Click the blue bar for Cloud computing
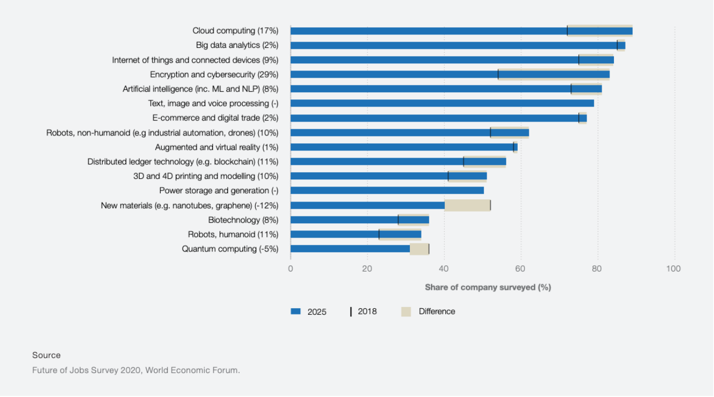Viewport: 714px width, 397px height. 428,31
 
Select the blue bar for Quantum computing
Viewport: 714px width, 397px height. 350,249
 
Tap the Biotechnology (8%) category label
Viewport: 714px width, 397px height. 243,220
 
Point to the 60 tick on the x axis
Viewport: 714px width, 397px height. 520,269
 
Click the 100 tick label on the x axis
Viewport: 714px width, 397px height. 673,269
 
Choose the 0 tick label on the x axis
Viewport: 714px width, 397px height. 290,269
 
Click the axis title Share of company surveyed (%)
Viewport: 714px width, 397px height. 488,287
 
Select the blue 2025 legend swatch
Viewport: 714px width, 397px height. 296,311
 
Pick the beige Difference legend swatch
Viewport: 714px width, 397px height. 406,311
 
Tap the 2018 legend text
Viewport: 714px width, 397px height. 367,311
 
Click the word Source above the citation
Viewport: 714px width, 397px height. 46,355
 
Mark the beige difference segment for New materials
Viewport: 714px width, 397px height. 467,205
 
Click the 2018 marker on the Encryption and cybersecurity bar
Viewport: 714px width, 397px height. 498,74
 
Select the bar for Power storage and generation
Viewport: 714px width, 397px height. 386,190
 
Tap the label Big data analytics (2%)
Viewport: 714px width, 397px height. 237,46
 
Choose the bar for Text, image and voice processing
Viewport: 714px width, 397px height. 442,103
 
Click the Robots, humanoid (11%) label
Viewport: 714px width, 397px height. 233,234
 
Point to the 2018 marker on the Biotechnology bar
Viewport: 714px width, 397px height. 398,220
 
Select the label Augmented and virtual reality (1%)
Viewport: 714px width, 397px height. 217,147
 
